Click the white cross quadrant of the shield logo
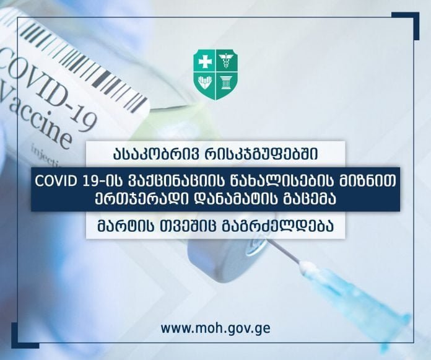pos(205,61)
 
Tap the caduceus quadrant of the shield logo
pos(226,61)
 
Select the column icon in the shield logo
pos(226,82)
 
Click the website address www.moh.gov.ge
pos(215,328)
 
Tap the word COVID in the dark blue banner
pos(55,181)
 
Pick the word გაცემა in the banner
pos(310,199)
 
